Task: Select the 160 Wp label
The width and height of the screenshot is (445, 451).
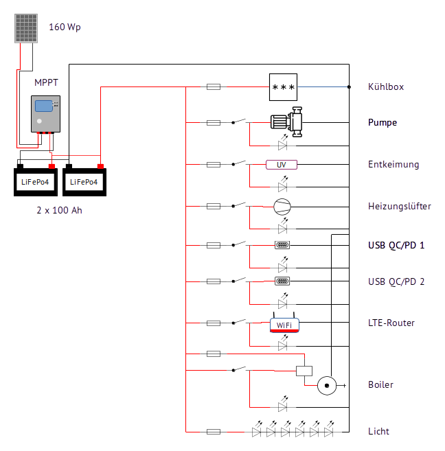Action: pos(65,27)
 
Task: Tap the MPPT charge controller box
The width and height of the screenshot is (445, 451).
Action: pos(45,113)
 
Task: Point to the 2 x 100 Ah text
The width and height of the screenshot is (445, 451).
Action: pos(58,210)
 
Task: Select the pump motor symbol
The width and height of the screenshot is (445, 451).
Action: pos(286,122)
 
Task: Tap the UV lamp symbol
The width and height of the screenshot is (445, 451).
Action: pos(282,165)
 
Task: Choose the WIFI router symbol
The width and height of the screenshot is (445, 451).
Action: pos(283,324)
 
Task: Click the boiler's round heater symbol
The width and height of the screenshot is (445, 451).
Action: pos(328,385)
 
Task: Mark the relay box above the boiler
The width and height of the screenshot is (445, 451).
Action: pos(304,371)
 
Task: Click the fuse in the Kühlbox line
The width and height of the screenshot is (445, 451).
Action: pos(214,87)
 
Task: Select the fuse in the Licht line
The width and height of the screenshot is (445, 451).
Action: pos(214,432)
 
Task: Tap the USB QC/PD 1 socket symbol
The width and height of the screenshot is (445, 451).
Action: pos(282,244)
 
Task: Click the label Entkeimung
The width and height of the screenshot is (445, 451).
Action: pos(393,165)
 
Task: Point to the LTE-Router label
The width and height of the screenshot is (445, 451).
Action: pos(391,323)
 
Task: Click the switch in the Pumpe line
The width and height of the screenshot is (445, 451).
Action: pos(239,122)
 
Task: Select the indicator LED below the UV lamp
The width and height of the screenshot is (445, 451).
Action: pos(282,185)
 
